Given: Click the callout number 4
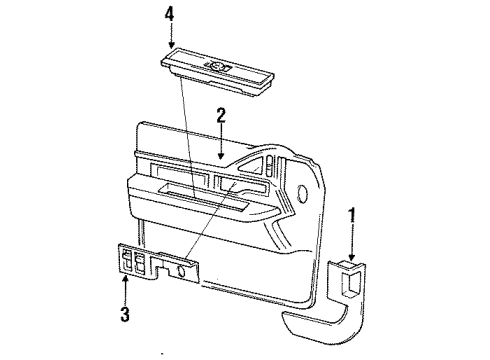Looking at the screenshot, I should pyautogui.click(x=170, y=13).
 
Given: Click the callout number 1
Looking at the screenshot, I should pyautogui.click(x=351, y=213).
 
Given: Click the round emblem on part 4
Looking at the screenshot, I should pyautogui.click(x=219, y=66).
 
